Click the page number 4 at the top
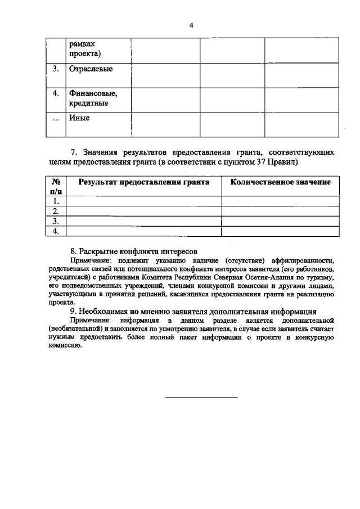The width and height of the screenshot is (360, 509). pyautogui.click(x=191, y=25)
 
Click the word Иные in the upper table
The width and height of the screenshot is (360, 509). pyautogui.click(x=79, y=118)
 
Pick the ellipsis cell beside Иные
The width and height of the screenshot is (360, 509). pyautogui.click(x=56, y=119)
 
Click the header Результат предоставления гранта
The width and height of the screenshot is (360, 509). pyautogui.click(x=143, y=182)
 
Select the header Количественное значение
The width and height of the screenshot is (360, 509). pyautogui.click(x=280, y=182)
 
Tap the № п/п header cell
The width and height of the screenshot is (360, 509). pyautogui.click(x=56, y=187)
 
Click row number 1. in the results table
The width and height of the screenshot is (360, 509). pyautogui.click(x=56, y=201)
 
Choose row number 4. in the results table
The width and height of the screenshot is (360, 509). pyautogui.click(x=56, y=231)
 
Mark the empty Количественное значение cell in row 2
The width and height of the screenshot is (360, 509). pyautogui.click(x=280, y=211)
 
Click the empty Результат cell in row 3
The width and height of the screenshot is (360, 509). pyautogui.click(x=143, y=221)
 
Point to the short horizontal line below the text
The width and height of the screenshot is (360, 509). pyautogui.click(x=201, y=398)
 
